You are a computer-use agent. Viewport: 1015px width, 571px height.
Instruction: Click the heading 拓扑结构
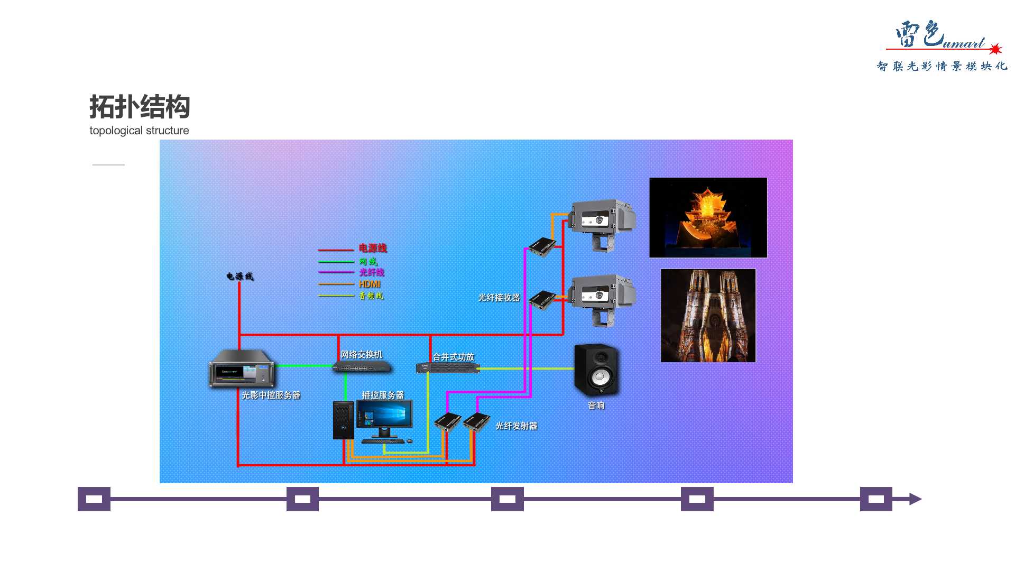pos(140,107)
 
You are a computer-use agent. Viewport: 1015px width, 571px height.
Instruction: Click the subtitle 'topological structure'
pos(139,131)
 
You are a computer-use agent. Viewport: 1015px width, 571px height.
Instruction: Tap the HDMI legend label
pos(370,284)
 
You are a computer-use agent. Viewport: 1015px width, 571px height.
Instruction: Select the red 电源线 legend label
pos(373,248)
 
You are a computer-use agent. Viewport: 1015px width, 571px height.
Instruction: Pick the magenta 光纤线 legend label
pos(372,272)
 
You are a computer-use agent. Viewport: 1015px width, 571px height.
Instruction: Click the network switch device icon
pos(363,367)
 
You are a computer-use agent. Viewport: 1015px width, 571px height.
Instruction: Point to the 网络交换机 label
pos(361,354)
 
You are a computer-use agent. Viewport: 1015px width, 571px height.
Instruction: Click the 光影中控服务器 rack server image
pos(242,369)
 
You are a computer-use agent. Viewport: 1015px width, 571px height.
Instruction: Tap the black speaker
pos(596,370)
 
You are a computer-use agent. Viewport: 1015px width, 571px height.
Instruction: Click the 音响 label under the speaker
pos(596,406)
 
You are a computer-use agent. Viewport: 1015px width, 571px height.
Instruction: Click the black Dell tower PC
pos(343,420)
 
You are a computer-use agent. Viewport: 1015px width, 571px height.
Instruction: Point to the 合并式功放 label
pos(453,357)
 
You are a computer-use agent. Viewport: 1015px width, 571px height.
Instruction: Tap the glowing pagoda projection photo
pos(708,218)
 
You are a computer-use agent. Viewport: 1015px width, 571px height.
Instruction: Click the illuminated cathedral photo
pos(708,316)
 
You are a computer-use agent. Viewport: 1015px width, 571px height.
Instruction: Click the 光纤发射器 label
pos(516,426)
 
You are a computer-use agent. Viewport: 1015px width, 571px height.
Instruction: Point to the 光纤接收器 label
pos(499,298)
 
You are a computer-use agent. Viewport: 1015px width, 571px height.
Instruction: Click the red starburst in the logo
pos(995,49)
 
